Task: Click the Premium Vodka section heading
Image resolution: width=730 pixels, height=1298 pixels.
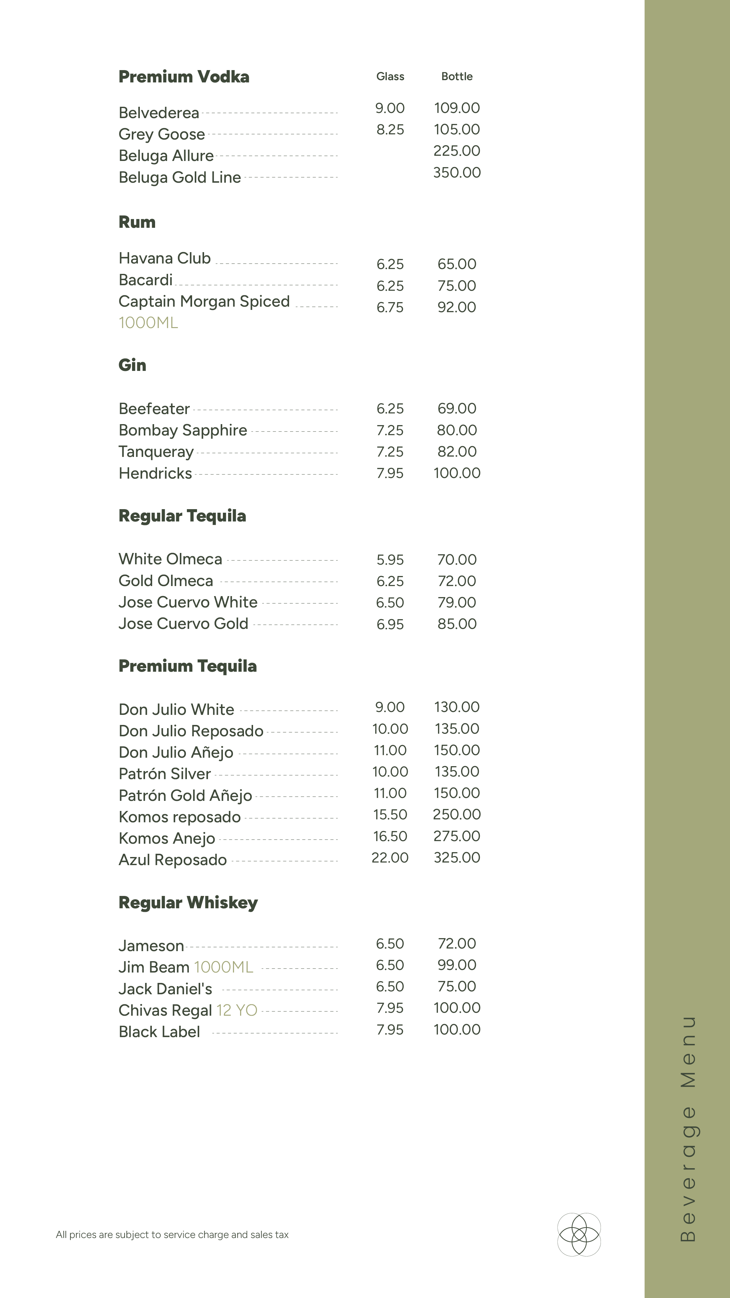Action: click(184, 77)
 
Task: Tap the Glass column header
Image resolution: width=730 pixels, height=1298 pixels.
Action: click(390, 77)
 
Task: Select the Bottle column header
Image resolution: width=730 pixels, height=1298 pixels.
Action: click(456, 77)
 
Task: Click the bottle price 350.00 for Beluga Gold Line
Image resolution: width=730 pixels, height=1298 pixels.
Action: click(456, 172)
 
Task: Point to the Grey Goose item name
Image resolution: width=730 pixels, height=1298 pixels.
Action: click(162, 134)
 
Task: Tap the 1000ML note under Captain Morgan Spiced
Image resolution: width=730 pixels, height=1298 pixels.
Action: click(148, 323)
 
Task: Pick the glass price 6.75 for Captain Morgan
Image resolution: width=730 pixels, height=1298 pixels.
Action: click(390, 307)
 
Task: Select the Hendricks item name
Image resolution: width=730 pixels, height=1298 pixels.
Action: click(155, 473)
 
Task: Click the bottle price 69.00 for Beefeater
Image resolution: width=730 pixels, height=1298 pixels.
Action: click(456, 408)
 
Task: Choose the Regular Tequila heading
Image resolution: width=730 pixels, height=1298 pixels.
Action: click(182, 516)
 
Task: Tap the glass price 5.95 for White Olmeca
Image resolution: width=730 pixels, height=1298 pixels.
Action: click(390, 559)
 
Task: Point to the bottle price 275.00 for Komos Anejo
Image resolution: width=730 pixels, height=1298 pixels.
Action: click(456, 836)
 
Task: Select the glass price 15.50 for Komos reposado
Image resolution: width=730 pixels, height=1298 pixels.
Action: click(390, 814)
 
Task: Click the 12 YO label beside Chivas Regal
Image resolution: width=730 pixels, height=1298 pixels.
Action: click(237, 1010)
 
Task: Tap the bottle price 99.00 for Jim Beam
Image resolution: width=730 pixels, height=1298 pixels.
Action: click(456, 964)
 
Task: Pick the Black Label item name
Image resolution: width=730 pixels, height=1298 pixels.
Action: click(159, 1032)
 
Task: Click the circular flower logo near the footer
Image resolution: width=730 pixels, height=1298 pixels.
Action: click(579, 1234)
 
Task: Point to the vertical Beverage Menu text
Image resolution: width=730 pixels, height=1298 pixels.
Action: click(688, 1129)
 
